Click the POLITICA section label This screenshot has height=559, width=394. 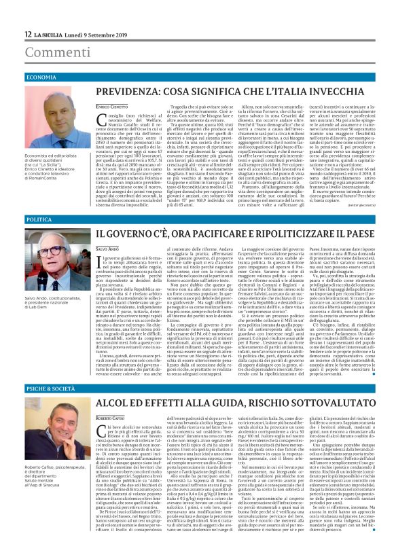[39, 220]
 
